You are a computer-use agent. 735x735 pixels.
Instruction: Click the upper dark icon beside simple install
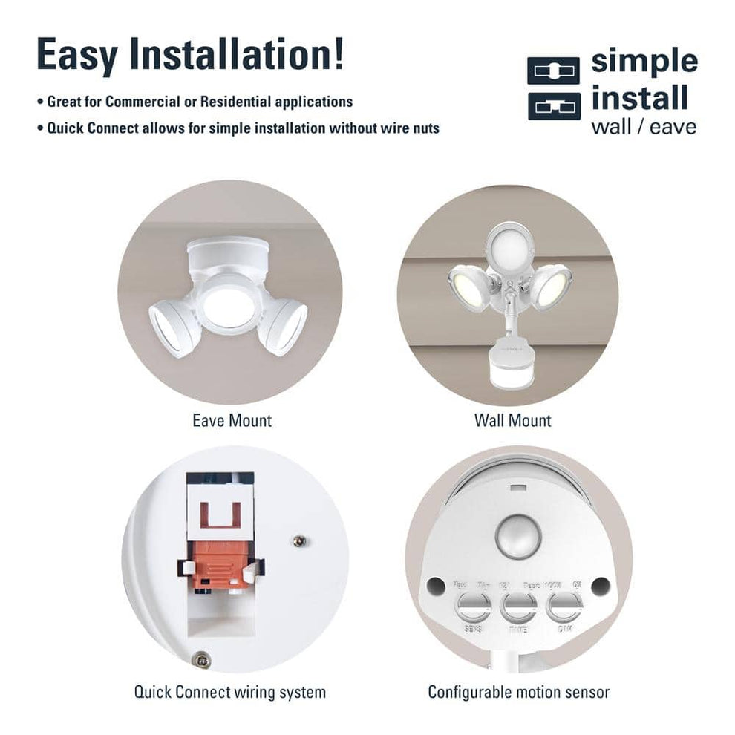coord(553,71)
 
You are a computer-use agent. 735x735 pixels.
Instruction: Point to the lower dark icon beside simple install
coord(553,105)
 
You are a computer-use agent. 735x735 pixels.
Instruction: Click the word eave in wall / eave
coord(673,127)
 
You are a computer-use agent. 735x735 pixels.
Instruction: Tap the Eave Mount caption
coord(232,421)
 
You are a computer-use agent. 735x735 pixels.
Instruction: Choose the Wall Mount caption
coord(512,421)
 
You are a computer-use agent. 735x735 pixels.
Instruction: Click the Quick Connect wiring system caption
coord(230,692)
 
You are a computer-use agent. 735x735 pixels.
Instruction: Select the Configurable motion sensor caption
coord(518,692)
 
